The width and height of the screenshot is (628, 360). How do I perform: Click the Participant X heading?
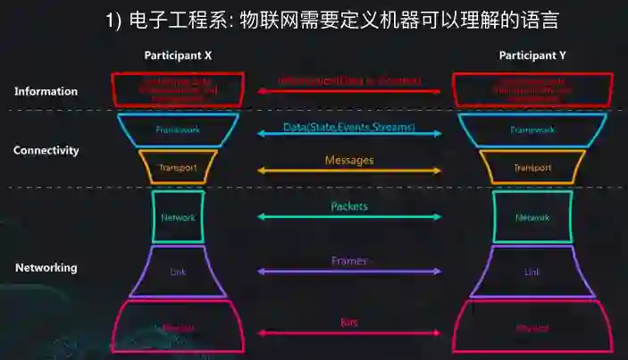[x=178, y=55]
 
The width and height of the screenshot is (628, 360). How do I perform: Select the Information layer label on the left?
[x=46, y=91]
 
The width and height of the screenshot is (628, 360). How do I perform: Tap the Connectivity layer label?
[x=46, y=151]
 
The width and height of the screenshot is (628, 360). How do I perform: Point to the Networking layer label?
[x=46, y=267]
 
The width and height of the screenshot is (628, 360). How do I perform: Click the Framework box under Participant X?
[x=178, y=130]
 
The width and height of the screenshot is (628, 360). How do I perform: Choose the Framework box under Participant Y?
[x=532, y=130]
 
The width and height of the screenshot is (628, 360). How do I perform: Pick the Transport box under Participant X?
[x=178, y=167]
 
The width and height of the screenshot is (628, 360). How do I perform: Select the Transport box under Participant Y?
[x=532, y=167]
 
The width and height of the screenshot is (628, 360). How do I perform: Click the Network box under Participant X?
[x=178, y=217]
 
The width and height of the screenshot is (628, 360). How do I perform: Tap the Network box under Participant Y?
[x=532, y=217]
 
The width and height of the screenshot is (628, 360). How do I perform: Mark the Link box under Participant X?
[x=178, y=272]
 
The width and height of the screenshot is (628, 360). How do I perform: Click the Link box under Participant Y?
[x=532, y=272]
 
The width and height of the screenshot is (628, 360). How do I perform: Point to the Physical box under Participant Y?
[x=532, y=329]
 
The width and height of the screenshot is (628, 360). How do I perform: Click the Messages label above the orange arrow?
[x=348, y=160]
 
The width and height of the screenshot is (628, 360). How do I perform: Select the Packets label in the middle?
[x=348, y=206]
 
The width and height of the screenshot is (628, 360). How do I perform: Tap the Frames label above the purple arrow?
[x=348, y=261]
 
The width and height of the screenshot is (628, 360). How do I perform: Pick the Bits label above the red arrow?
[x=348, y=322]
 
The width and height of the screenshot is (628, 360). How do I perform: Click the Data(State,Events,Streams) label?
[x=349, y=128]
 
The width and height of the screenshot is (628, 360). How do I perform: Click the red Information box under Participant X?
[x=178, y=89]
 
